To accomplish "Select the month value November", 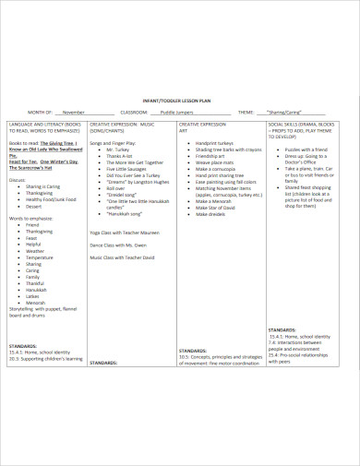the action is coord(66,110).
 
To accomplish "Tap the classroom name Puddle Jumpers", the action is coord(177,110).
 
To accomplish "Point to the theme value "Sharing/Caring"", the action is coord(283,110).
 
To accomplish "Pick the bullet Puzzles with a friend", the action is coord(306,149).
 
